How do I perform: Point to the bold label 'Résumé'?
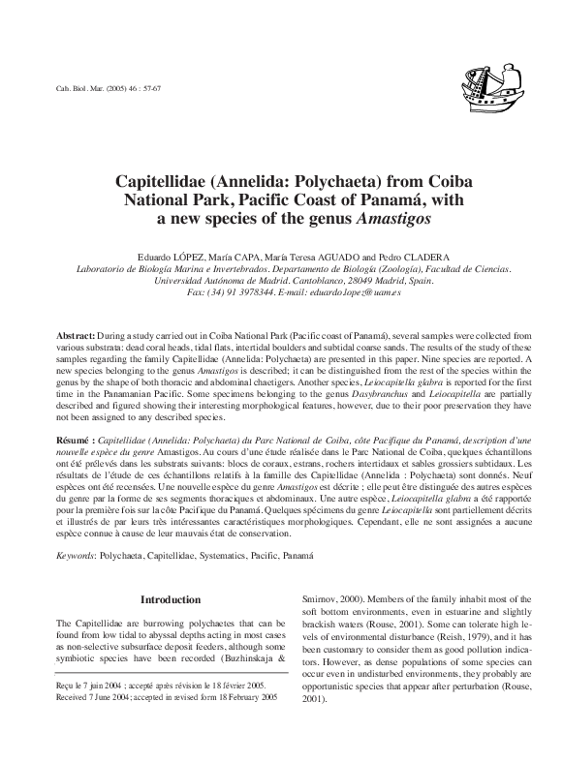tap(74, 439)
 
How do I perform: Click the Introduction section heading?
tap(171, 600)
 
